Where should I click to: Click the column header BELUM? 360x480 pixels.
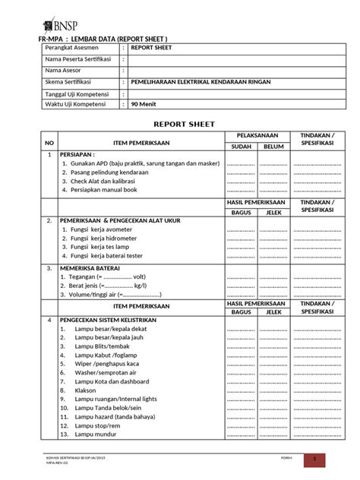coord(273,146)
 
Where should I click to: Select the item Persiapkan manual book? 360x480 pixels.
coord(106,192)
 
